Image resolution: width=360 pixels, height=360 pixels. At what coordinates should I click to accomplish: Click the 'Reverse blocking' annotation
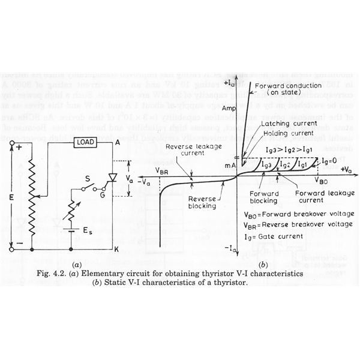pyautogui.click(x=201, y=202)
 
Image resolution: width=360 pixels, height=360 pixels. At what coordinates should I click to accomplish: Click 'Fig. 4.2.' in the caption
pyautogui.click(x=62, y=274)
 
